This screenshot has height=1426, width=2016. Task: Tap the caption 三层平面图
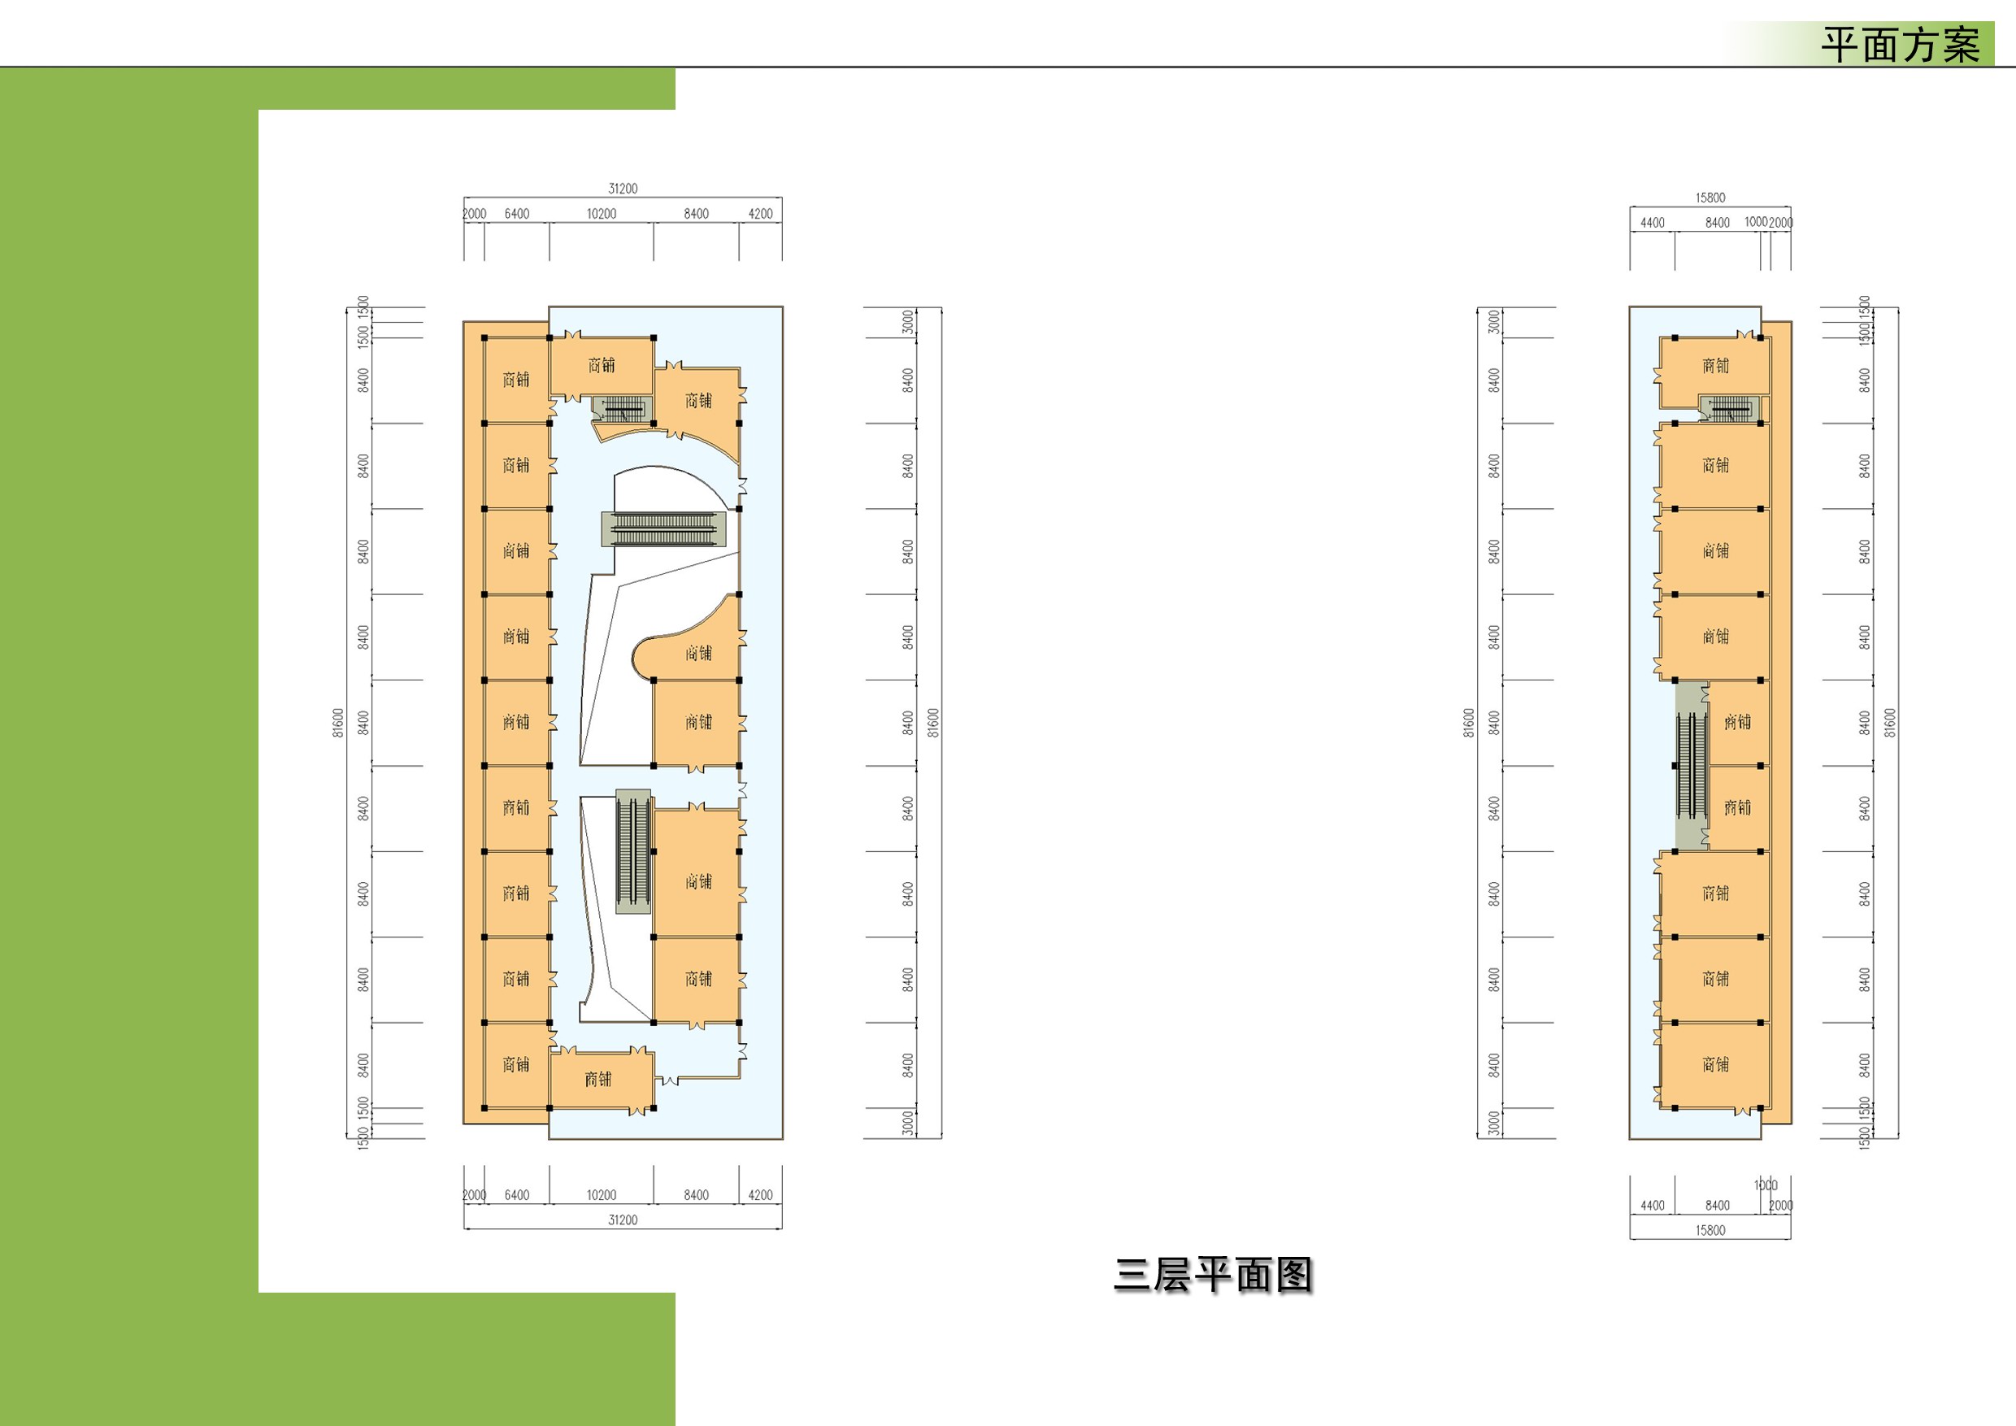pos(1213,1275)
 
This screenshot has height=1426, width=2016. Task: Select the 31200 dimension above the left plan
pos(623,189)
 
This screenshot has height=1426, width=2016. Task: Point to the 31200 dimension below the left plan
pos(623,1219)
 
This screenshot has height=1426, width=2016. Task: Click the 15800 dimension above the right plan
pos(1710,198)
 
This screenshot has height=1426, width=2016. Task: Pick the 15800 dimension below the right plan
pos(1710,1230)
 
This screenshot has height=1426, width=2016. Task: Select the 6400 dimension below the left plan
pos(516,1195)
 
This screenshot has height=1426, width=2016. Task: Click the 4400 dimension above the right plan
pos(1652,223)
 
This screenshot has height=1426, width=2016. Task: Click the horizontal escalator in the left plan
pos(665,528)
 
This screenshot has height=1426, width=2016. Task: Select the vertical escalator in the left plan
pos(632,851)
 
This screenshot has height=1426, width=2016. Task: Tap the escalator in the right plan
pos(1691,766)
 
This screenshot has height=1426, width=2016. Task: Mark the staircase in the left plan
pos(622,408)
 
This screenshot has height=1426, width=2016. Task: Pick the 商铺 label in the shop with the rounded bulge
pos(698,652)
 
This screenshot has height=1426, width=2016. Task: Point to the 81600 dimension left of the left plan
pos(338,723)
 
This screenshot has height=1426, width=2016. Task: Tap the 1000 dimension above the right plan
pos(1755,222)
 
